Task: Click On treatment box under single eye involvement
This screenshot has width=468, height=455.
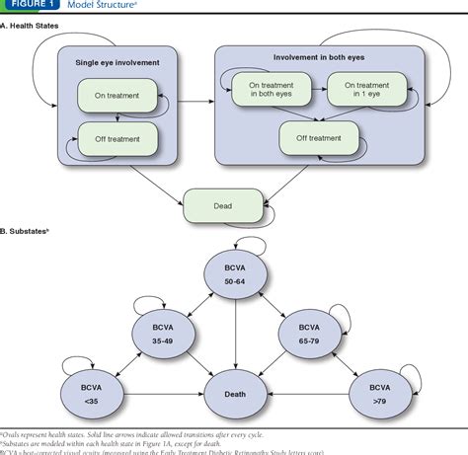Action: (118, 96)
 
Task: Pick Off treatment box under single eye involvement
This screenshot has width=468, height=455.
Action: (118, 142)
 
